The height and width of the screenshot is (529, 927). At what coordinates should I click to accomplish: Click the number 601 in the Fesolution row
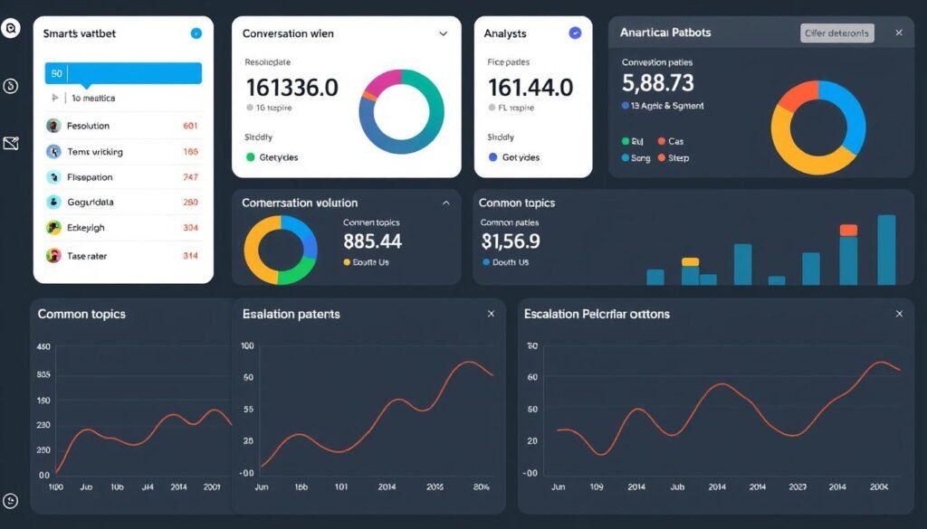pos(190,127)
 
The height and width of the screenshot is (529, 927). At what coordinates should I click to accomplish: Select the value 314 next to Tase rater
pos(190,256)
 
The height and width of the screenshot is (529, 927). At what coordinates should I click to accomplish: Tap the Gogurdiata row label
pos(91,203)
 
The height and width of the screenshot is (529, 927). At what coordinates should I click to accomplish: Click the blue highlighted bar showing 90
pos(123,73)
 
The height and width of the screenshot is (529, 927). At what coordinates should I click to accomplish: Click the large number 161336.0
pos(291,88)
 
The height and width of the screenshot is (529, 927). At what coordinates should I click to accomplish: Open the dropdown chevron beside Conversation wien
pos(443,33)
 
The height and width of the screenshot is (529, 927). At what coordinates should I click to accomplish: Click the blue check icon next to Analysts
pos(574,33)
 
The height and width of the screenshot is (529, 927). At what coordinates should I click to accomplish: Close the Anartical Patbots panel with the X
pos(898,33)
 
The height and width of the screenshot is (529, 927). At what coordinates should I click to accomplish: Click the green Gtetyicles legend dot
pos(251,157)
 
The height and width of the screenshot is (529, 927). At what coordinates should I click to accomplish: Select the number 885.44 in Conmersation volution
pos(372,241)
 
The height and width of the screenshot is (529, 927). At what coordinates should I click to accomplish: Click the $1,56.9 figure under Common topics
pos(510,241)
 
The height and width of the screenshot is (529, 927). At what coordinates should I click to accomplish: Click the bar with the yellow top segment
pos(690,272)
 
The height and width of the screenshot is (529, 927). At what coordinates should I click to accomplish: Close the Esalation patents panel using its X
pos(491,314)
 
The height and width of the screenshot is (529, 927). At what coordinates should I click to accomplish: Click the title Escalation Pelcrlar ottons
pos(597,314)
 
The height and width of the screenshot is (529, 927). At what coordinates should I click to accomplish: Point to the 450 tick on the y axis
pos(43,347)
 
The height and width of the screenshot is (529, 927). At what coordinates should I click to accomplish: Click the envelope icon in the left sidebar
pos(11,143)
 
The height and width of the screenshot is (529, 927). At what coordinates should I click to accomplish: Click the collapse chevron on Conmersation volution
pos(445,203)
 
